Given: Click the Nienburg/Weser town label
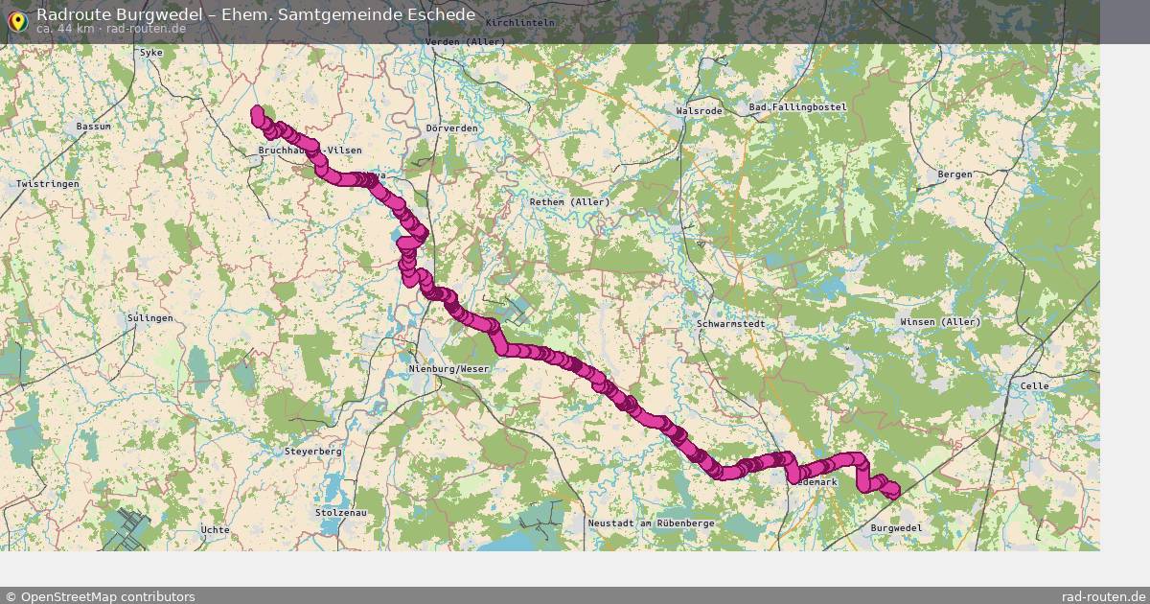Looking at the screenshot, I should (x=448, y=369).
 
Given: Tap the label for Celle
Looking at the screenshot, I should (x=1036, y=385).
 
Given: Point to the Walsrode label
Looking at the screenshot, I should (x=699, y=111).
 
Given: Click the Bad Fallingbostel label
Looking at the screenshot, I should (x=798, y=107).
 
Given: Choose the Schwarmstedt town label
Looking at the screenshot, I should (x=732, y=324).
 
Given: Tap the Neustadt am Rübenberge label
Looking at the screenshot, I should (x=651, y=523).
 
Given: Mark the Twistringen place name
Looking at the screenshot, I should (x=46, y=183).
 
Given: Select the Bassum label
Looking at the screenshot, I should (x=94, y=126).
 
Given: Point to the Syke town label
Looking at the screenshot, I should (x=151, y=52).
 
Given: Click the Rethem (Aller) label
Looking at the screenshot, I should (x=569, y=201).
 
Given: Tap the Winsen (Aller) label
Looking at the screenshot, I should (x=940, y=321).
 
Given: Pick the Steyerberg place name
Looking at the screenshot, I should (x=313, y=451).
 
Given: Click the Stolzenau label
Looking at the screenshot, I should (x=340, y=513).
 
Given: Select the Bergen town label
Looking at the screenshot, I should (x=954, y=174).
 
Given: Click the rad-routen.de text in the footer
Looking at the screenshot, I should (x=1103, y=596).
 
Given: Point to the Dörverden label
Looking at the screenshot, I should (x=451, y=128).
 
